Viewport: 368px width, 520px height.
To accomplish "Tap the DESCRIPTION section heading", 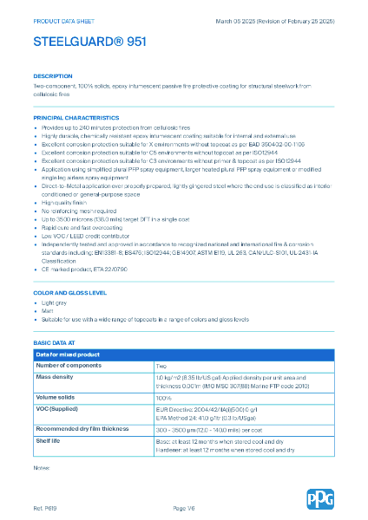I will click(x=53, y=76).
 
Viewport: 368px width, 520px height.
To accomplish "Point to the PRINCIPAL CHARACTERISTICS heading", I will click(x=76, y=117).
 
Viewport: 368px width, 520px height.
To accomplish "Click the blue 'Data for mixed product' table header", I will click(x=68, y=355).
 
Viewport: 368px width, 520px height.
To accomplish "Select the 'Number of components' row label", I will click(x=69, y=366).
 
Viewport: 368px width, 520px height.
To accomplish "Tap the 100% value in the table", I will click(x=163, y=398).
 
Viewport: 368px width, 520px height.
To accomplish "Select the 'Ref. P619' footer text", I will click(x=45, y=507).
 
